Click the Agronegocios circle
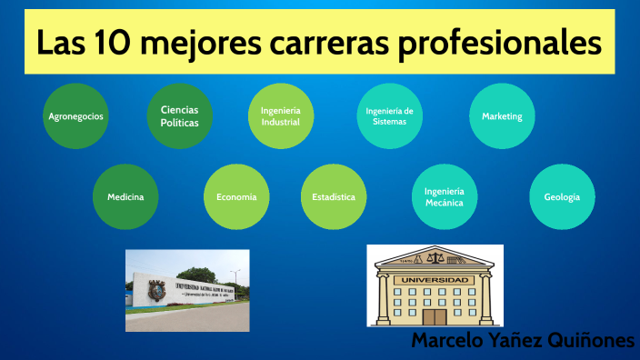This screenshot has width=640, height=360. [x=75, y=116]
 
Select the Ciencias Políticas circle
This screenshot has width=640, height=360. [x=179, y=115]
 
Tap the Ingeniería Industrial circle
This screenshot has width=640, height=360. [x=281, y=115]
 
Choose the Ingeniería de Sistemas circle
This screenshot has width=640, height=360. [x=389, y=115]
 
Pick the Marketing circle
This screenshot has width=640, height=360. [x=502, y=116]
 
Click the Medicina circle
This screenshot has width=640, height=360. [x=125, y=196]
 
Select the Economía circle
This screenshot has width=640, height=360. [x=236, y=196]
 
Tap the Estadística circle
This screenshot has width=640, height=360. [x=334, y=196]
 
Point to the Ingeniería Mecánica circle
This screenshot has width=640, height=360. [x=445, y=196]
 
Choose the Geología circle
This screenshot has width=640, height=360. [x=562, y=196]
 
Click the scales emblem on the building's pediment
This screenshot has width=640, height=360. [x=435, y=257]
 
